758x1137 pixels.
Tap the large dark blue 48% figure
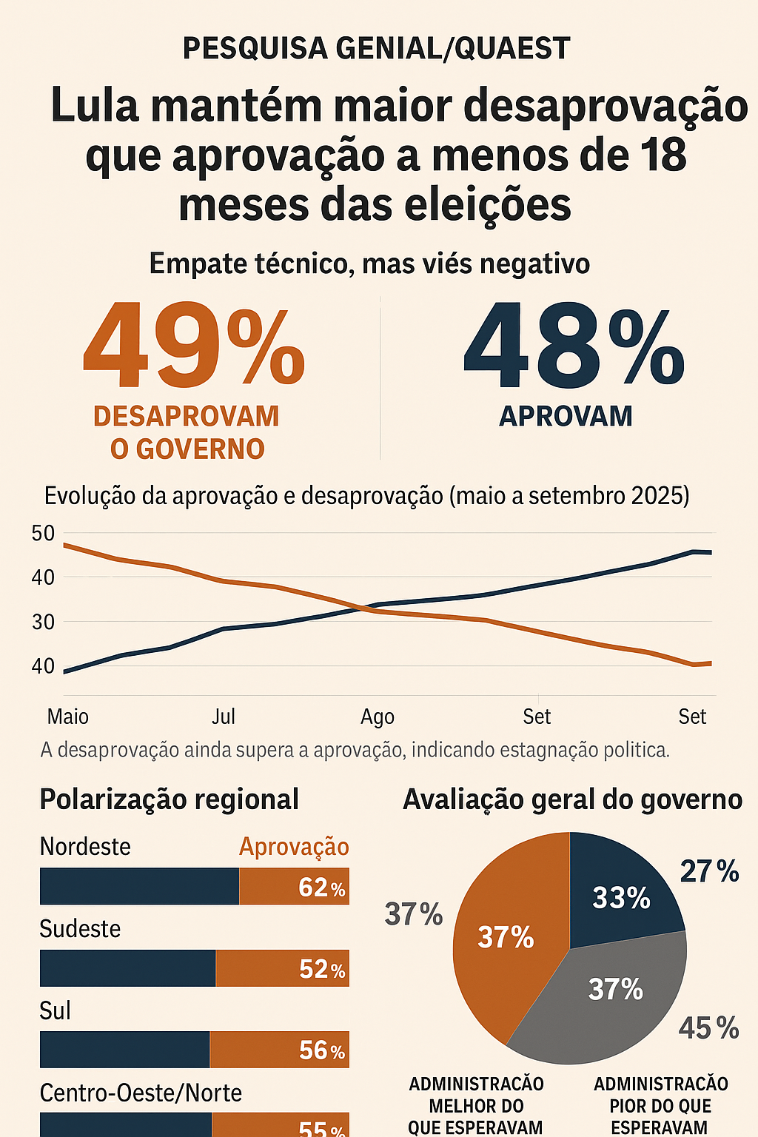click(574, 346)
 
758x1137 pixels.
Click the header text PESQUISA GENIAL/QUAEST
click(376, 49)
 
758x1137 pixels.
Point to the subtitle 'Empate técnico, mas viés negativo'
click(369, 264)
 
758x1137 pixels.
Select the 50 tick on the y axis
click(43, 533)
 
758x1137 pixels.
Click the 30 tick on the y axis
click(43, 622)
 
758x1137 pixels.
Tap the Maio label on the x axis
click(68, 717)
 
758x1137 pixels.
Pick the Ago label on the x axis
click(377, 717)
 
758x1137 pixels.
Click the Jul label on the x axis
click(224, 717)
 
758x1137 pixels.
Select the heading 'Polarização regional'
click(169, 799)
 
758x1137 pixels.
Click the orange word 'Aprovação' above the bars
click(294, 846)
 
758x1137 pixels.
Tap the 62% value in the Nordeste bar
click(321, 887)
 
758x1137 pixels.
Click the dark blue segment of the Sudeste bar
click(127, 968)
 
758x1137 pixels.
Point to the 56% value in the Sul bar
click(321, 1050)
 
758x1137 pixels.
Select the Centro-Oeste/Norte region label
click(141, 1093)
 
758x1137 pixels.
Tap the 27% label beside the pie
click(709, 871)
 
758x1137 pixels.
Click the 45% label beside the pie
click(708, 1028)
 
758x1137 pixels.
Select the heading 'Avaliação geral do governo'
click(572, 799)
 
